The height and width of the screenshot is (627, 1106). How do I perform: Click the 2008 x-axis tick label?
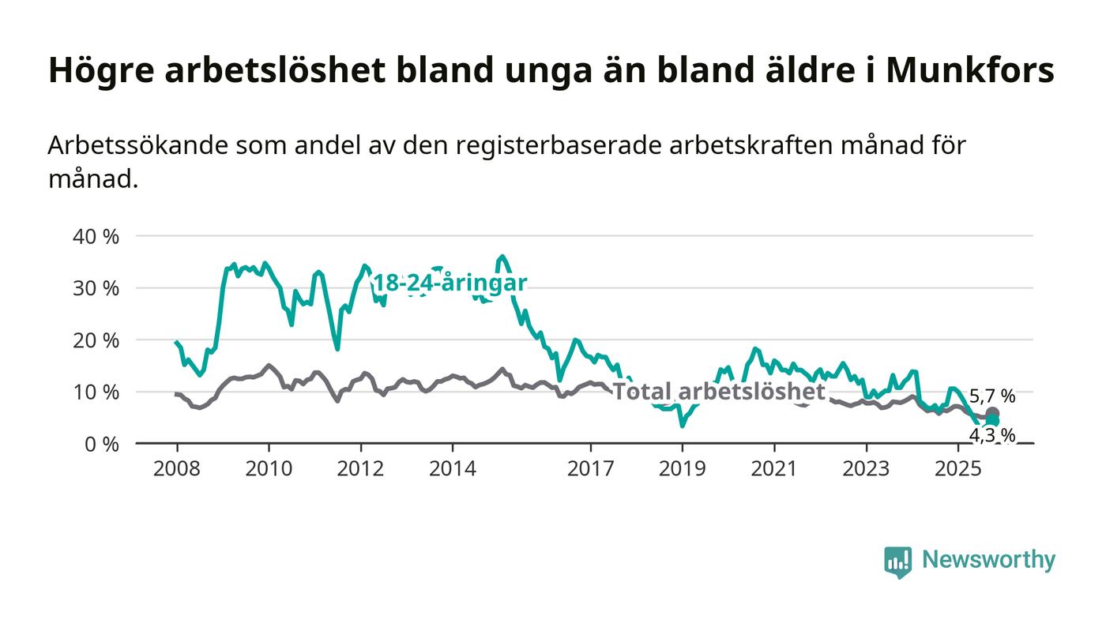pyautogui.click(x=177, y=468)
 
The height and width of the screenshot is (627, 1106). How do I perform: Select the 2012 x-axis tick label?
pyautogui.click(x=361, y=468)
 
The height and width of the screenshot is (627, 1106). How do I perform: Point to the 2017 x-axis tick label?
pyautogui.click(x=591, y=468)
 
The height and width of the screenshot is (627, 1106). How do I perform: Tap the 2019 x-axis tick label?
pyautogui.click(x=683, y=468)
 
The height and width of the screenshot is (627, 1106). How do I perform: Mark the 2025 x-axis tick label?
pyautogui.click(x=958, y=468)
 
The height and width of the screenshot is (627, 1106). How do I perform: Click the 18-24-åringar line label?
pyautogui.click(x=450, y=283)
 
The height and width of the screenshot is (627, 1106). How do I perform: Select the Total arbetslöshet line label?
pyautogui.click(x=719, y=392)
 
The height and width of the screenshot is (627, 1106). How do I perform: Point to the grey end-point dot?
pyautogui.click(x=992, y=414)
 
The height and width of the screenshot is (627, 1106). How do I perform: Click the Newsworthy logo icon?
pyautogui.click(x=897, y=561)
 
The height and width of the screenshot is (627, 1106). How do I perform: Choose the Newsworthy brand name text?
pyautogui.click(x=988, y=560)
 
